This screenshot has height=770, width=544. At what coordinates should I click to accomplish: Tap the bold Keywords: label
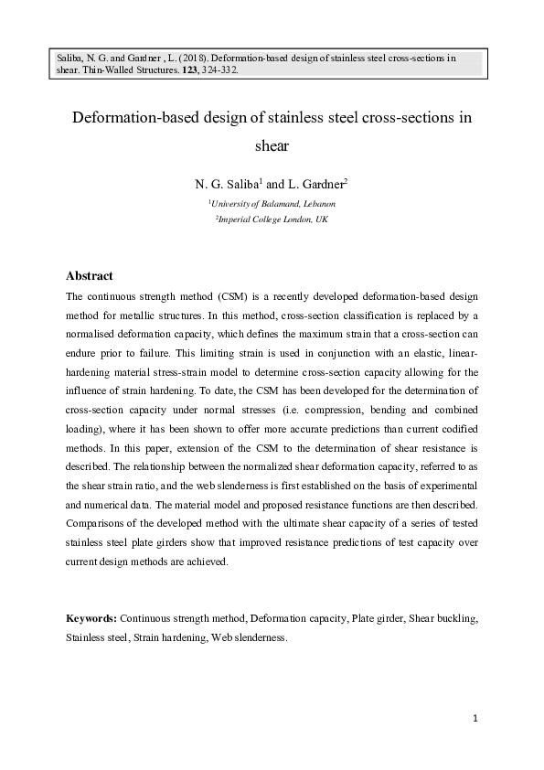click(91, 618)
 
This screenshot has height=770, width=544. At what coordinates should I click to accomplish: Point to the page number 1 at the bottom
click(476, 719)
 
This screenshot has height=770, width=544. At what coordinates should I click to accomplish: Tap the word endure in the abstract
click(85, 363)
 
